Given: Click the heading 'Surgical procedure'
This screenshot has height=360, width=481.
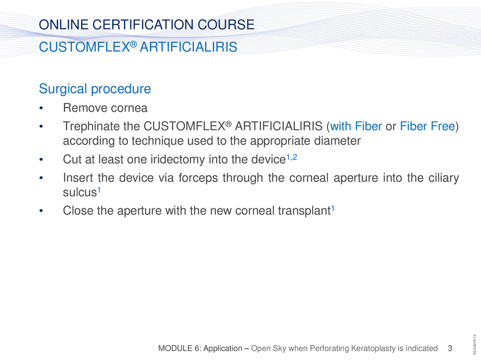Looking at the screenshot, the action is click(95, 89).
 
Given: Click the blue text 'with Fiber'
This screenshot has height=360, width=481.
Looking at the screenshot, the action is click(356, 126).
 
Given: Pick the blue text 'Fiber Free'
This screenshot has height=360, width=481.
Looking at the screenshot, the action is click(428, 126).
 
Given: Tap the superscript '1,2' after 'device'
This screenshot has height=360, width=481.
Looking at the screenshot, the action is click(292, 157).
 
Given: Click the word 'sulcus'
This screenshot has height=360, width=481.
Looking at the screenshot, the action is click(80, 192).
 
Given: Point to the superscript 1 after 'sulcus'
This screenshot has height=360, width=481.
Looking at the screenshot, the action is click(99, 190).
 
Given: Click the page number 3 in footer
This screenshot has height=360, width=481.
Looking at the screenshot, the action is click(450, 348).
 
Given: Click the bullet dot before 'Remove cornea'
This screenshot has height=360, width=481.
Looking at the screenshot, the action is click(41, 108).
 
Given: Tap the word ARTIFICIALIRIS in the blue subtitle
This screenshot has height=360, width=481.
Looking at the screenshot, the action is click(188, 47).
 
